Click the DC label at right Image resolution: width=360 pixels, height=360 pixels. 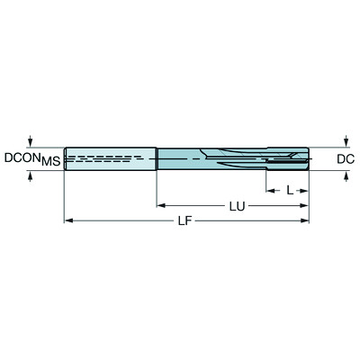click(345, 159)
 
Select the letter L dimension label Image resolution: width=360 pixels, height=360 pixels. click(289, 191)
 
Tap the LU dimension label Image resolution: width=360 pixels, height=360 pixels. click(237, 206)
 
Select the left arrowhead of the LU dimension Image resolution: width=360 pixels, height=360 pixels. click(161, 205)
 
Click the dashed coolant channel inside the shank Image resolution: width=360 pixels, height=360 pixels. click(99, 158)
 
